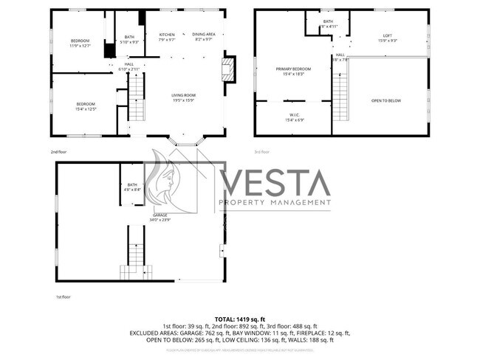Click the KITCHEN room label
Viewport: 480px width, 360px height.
167,37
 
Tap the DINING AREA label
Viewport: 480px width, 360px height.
203,37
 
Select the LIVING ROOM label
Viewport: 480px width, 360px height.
183,97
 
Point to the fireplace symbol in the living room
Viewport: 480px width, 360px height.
228,70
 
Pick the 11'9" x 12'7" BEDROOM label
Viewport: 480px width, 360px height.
80,42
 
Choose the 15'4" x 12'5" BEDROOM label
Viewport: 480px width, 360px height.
85,108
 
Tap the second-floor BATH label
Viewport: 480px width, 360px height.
129,40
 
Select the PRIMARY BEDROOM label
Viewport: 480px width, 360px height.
292,71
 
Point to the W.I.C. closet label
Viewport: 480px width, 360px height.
293,117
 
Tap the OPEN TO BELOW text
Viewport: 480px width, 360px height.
386,100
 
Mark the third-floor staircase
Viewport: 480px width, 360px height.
340,93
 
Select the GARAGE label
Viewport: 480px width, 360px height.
160,218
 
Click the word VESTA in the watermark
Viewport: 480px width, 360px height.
274,183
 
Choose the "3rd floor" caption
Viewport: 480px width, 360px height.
262,152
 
